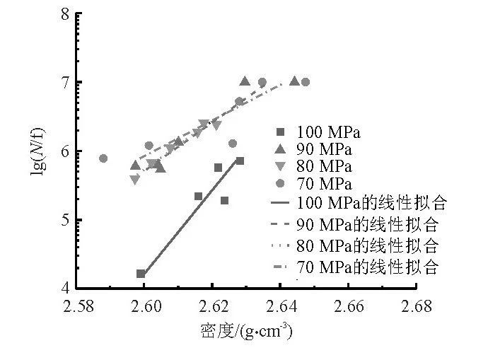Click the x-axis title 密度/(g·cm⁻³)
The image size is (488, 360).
click(245, 331)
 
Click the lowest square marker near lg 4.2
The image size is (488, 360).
click(141, 274)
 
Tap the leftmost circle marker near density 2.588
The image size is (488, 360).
click(103, 158)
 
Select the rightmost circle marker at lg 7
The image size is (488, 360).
click(306, 82)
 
